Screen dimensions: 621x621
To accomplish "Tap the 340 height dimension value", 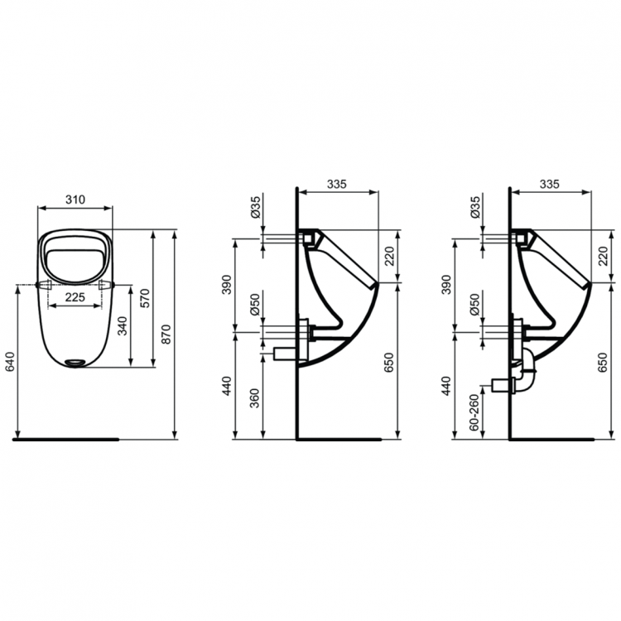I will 123,325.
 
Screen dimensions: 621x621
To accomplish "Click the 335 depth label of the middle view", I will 336,184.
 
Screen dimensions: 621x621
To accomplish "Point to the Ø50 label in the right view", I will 474,306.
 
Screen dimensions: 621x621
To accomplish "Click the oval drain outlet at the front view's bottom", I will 76,361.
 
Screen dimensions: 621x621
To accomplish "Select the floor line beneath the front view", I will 66,439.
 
